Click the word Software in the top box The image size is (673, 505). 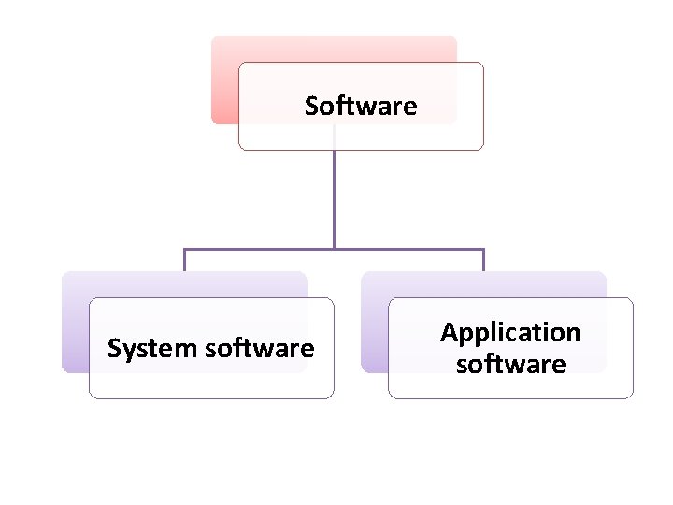[x=361, y=107]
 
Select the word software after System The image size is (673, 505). [x=259, y=349]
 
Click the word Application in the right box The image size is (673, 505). [x=510, y=333]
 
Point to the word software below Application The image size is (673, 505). [x=510, y=364]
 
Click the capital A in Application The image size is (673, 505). [x=449, y=332]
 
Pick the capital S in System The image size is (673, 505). [x=114, y=349]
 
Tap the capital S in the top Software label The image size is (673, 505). [x=311, y=107]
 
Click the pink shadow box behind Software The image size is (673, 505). [x=224, y=79]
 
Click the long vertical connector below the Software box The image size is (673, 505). [x=334, y=196]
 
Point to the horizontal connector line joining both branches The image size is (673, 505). [x=262, y=250]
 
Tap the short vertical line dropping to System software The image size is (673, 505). [x=184, y=261]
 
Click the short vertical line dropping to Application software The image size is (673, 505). [x=483, y=261]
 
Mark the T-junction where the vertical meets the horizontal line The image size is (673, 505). [x=334, y=250]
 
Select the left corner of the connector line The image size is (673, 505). [x=184, y=250]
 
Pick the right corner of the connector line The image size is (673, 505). [x=483, y=250]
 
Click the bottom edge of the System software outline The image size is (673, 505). [x=211, y=398]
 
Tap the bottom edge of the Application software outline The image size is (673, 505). [x=510, y=398]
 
